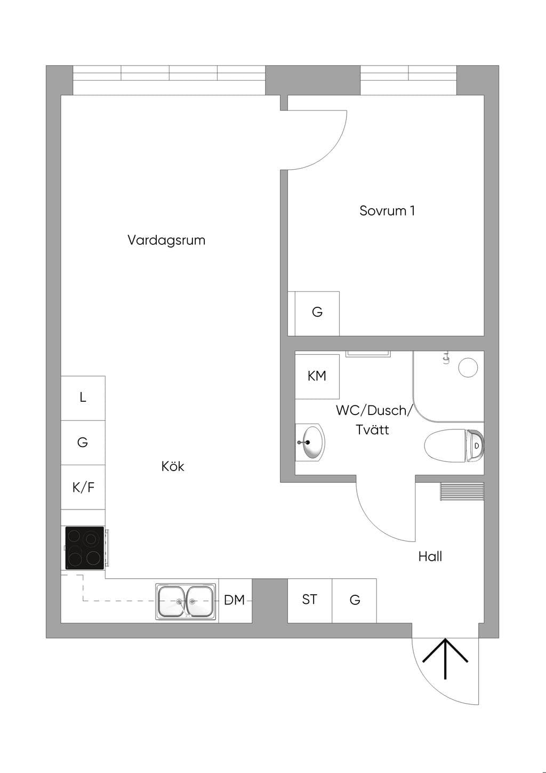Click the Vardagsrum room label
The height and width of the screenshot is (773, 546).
[x=166, y=240]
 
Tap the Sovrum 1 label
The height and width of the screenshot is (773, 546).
[x=387, y=211]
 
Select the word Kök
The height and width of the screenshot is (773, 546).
[x=173, y=466]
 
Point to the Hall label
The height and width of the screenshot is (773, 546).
[x=430, y=556]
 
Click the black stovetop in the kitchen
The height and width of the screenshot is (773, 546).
[x=85, y=548]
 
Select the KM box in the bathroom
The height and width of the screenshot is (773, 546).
[x=317, y=377]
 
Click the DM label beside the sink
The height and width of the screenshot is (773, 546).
[x=235, y=600]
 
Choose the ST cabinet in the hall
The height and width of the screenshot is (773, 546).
[x=310, y=601]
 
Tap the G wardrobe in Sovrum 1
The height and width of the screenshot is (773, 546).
[x=317, y=313]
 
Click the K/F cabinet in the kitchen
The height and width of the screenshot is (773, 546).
[x=83, y=487]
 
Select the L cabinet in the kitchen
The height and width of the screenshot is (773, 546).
[x=83, y=398]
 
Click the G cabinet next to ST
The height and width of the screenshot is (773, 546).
[x=354, y=601]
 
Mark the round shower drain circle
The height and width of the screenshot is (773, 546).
[x=468, y=367]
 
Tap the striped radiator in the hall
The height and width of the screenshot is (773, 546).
[x=462, y=491]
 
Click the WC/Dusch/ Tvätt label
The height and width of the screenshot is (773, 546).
[x=374, y=420]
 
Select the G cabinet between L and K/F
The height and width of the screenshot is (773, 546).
[x=83, y=442]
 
